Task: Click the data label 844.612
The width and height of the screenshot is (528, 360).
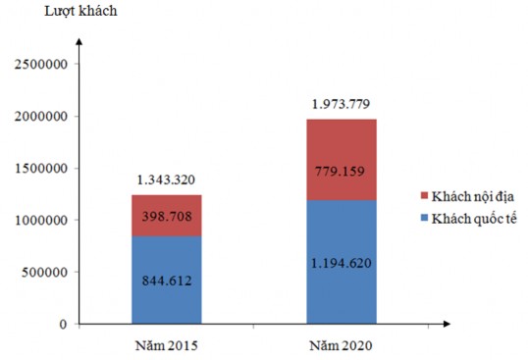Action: point(167,282)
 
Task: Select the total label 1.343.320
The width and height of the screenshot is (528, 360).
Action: point(167,180)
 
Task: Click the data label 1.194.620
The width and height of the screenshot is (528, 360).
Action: point(342,263)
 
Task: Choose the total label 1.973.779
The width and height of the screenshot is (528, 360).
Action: point(342,103)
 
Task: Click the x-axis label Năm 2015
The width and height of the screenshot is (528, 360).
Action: point(167,346)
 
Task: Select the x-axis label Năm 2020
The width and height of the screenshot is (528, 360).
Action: point(342,346)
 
